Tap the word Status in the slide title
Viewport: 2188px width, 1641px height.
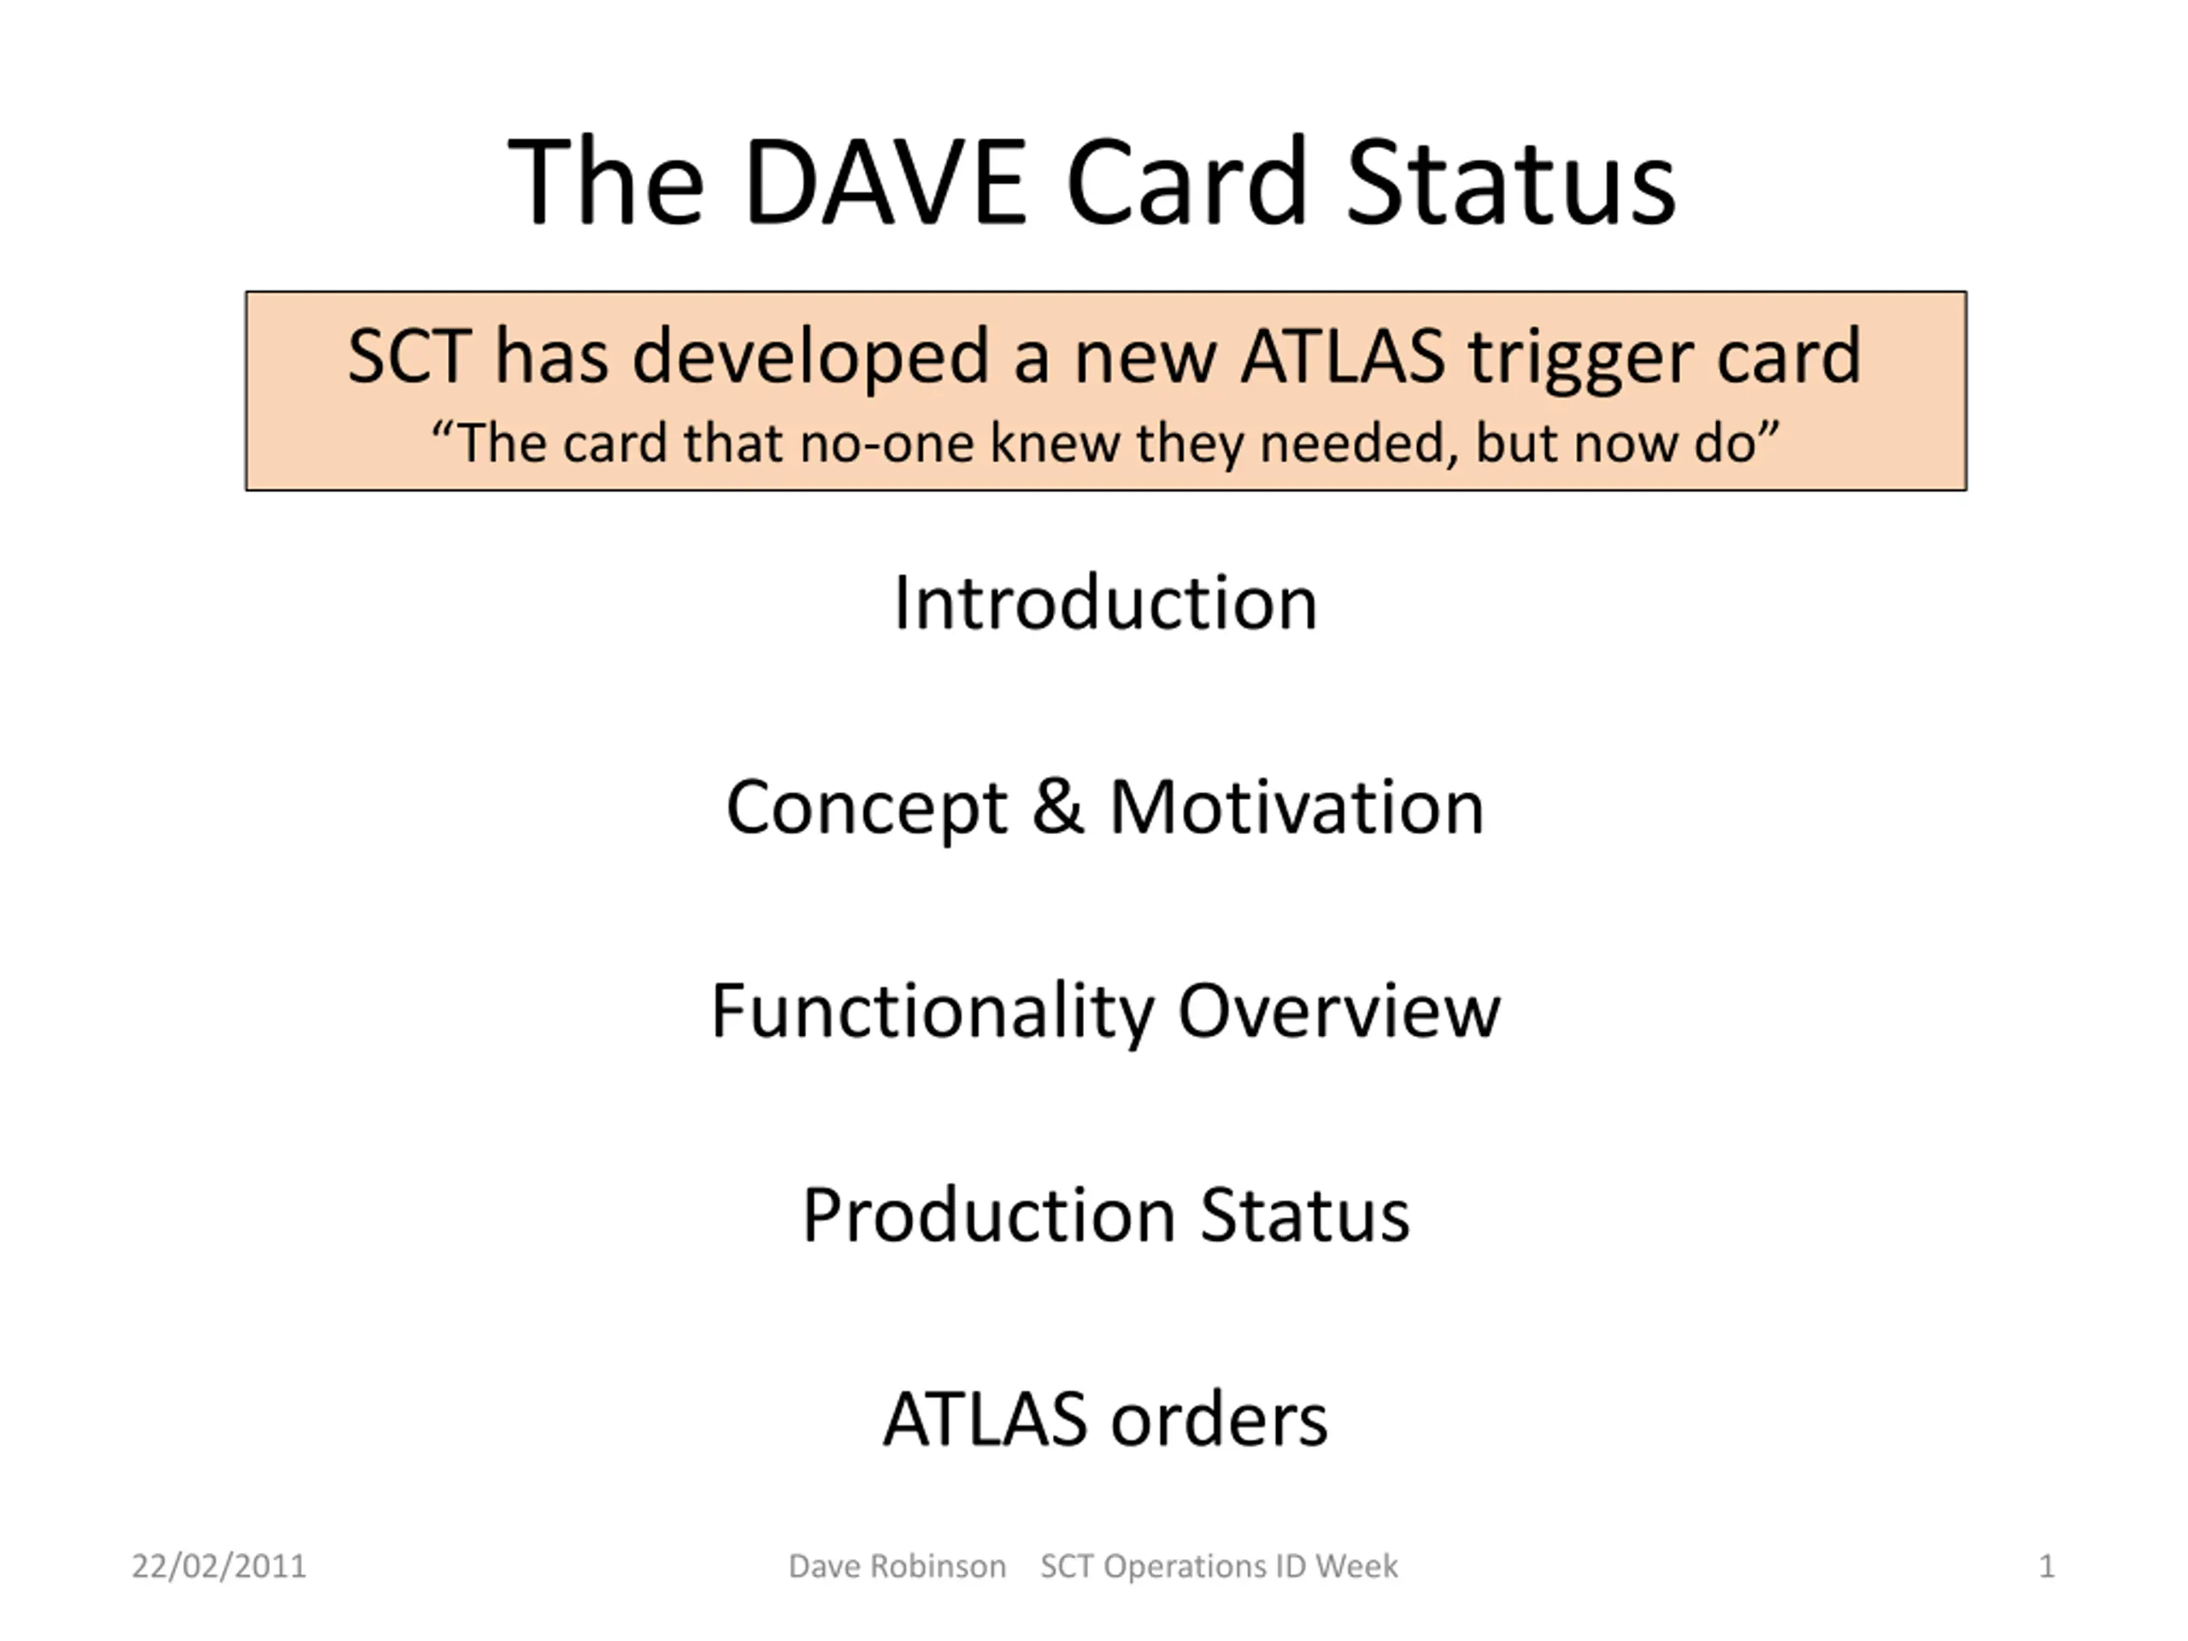[1511, 183]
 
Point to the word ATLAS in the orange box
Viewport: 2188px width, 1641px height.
[1344, 356]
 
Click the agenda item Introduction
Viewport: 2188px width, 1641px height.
[1105, 603]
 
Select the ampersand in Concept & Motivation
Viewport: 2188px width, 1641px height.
[1058, 806]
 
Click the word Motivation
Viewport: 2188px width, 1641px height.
[1297, 806]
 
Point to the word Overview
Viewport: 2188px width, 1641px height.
[1339, 1011]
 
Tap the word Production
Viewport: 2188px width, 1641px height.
[988, 1215]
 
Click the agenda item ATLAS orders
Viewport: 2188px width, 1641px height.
[1105, 1420]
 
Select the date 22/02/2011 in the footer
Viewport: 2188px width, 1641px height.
[219, 1567]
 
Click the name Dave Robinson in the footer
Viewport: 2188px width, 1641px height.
[897, 1567]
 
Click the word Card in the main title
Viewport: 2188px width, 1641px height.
[1187, 183]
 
